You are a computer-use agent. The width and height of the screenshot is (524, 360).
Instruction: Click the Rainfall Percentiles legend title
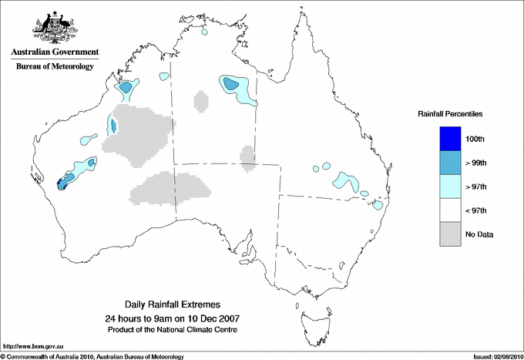click(x=450, y=113)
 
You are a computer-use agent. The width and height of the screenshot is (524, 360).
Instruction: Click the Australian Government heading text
click(x=55, y=52)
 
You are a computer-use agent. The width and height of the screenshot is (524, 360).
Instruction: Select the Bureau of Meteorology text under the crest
click(x=55, y=66)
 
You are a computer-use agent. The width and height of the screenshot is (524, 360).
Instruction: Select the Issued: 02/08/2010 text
click(x=497, y=355)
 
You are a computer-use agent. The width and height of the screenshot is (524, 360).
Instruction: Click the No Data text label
click(x=479, y=234)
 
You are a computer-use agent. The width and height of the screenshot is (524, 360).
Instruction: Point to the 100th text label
click(x=475, y=138)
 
